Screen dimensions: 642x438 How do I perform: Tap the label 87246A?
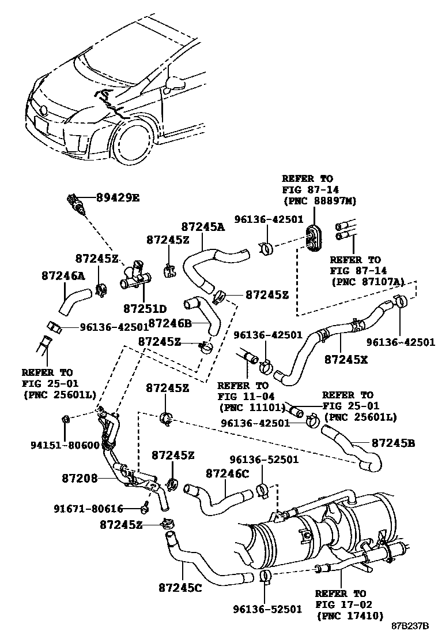pyautogui.click(x=63, y=276)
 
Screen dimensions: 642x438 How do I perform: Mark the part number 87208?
pyautogui.click(x=80, y=478)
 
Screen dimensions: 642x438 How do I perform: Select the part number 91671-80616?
pyautogui.click(x=89, y=509)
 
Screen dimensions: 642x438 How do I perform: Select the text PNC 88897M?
pyautogui.click(x=319, y=200)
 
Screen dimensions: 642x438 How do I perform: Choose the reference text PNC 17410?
pyautogui.click(x=349, y=615)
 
